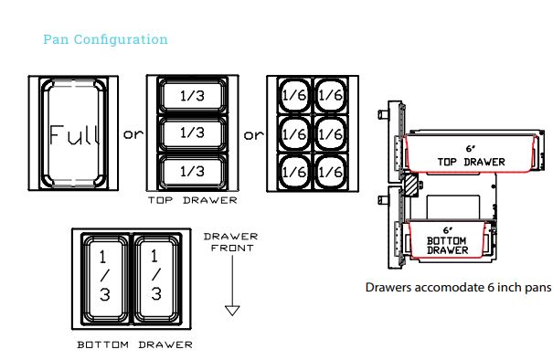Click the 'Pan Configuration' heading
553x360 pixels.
[x=105, y=39]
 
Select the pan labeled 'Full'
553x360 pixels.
[x=74, y=132]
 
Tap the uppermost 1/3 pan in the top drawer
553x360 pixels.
[x=193, y=95]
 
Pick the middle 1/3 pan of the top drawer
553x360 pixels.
[x=193, y=133]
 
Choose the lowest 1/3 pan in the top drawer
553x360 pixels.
[x=193, y=172]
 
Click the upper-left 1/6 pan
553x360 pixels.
[x=294, y=95]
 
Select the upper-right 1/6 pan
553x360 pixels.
[x=331, y=95]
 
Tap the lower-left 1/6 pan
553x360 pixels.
[x=294, y=172]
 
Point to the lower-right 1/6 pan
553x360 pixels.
[x=331, y=172]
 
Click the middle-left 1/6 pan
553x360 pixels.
[x=294, y=133]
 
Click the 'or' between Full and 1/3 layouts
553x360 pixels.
[x=133, y=134]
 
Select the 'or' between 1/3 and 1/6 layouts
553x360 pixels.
[x=253, y=135]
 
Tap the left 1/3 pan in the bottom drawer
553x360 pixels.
[x=105, y=279]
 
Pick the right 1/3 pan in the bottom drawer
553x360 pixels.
[x=157, y=279]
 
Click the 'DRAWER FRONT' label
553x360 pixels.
[x=231, y=242]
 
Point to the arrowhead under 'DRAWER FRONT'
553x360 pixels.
[x=232, y=311]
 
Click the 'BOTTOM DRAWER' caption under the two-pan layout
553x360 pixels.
[x=135, y=344]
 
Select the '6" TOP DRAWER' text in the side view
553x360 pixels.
[x=471, y=155]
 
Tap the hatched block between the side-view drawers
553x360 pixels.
[x=411, y=185]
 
